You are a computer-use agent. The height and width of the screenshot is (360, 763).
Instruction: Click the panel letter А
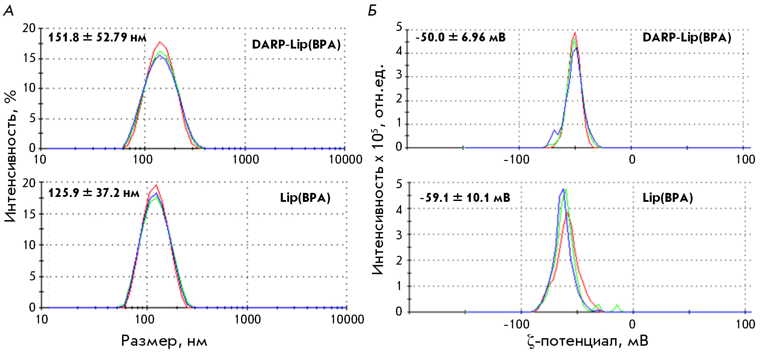[8, 10]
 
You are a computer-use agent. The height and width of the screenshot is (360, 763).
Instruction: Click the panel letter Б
[372, 10]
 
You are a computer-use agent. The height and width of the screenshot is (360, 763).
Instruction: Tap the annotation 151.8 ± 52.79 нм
[97, 37]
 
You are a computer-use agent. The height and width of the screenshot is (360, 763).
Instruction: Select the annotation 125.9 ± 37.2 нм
[94, 193]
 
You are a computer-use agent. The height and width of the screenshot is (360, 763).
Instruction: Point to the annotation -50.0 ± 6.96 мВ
[461, 37]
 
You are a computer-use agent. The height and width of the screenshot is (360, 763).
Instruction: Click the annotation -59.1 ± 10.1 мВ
[465, 197]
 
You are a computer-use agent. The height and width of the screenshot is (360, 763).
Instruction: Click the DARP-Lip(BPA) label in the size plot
[296, 45]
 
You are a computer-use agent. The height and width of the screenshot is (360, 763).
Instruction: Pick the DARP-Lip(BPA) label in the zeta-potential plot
[687, 37]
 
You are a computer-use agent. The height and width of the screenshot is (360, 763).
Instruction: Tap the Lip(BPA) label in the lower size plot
[305, 198]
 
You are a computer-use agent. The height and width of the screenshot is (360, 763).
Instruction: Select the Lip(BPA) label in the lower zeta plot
[668, 198]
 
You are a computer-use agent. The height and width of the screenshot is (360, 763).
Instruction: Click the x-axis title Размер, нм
[164, 341]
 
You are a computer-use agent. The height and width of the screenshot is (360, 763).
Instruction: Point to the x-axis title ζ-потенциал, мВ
[587, 341]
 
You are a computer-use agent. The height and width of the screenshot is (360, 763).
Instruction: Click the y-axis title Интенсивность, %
[11, 155]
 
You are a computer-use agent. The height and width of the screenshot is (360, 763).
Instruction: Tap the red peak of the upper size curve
[159, 42]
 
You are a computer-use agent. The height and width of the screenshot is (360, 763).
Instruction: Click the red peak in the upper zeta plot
[575, 33]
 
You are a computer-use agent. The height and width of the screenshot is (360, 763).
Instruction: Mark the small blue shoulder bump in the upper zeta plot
[554, 131]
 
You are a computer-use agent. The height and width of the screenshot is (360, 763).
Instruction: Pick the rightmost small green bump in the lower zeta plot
[617, 306]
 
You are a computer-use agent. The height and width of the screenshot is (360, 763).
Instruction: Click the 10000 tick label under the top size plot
[345, 160]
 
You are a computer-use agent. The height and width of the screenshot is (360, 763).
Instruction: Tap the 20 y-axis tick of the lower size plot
[29, 183]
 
